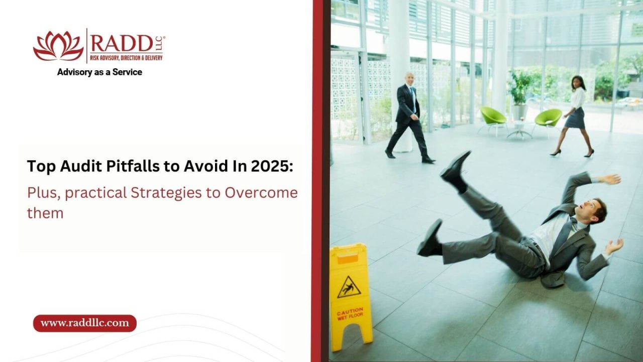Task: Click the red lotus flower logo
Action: click(x=58, y=46)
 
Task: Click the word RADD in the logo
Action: click(x=121, y=44)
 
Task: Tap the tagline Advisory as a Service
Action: click(x=99, y=72)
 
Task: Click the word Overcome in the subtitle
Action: click(x=261, y=193)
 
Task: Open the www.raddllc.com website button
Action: click(x=84, y=323)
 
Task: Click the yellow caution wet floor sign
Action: click(x=350, y=296)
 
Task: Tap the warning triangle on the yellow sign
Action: click(x=349, y=287)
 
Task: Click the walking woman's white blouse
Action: click(x=578, y=97)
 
